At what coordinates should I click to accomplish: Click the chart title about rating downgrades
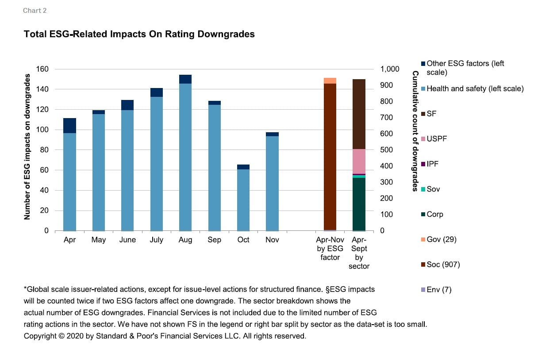pyautogui.click(x=139, y=34)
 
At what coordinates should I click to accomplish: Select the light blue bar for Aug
pyautogui.click(x=185, y=157)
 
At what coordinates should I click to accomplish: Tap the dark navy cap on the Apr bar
pyautogui.click(x=69, y=126)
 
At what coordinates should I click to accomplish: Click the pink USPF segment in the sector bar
pyautogui.click(x=359, y=161)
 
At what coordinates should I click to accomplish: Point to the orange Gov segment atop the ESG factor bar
pyautogui.click(x=330, y=80)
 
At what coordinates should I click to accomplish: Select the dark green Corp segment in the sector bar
pyautogui.click(x=359, y=204)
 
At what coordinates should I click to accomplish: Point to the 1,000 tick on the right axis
pyautogui.click(x=390, y=69)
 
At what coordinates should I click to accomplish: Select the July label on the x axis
pyautogui.click(x=157, y=240)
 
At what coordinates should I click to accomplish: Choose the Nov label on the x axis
pyautogui.click(x=272, y=240)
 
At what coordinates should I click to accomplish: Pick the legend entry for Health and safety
pyautogui.click(x=475, y=89)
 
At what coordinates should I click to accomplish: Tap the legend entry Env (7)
pyautogui.click(x=439, y=290)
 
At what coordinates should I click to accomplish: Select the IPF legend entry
pyautogui.click(x=432, y=164)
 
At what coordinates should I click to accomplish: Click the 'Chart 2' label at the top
pyautogui.click(x=35, y=11)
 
